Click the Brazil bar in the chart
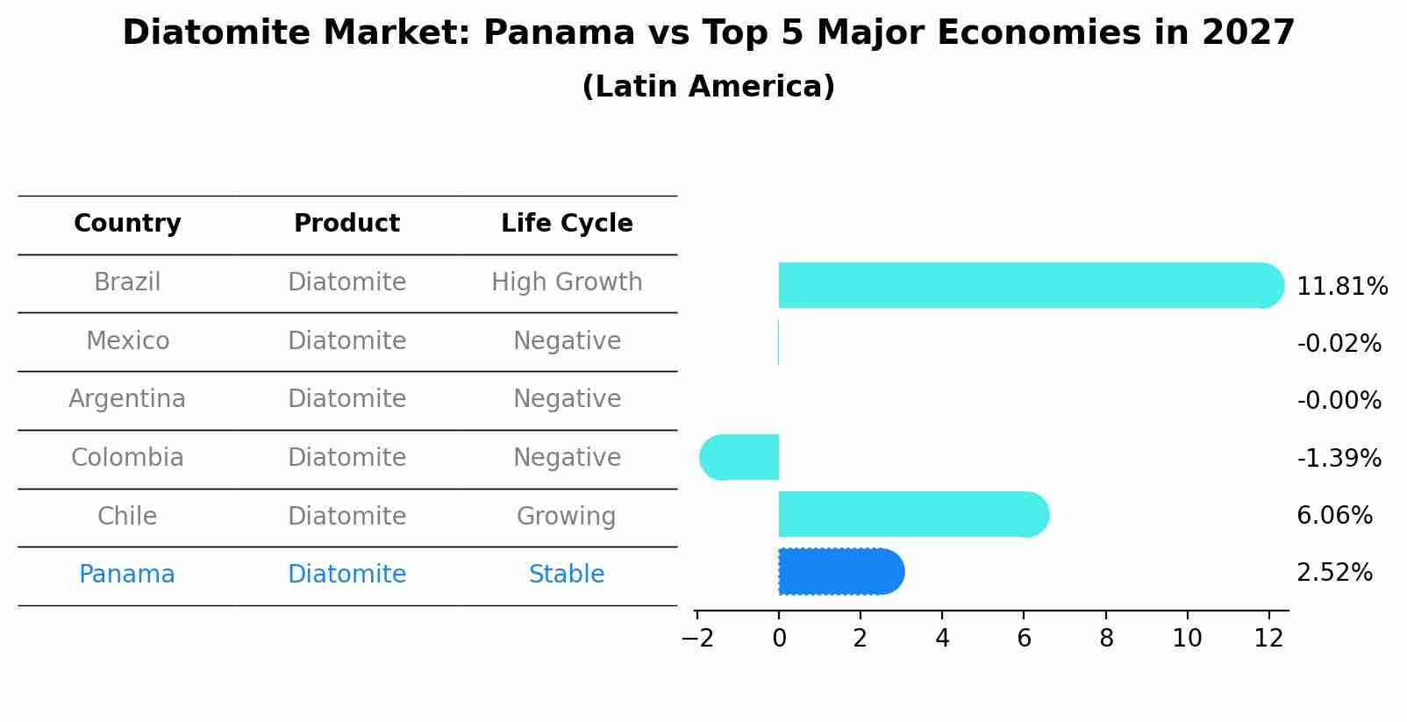point(1026,285)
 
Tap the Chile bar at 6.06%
point(912,514)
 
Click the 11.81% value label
point(1341,287)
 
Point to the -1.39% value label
point(1339,458)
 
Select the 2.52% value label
point(1334,573)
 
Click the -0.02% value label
point(1339,344)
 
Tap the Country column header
point(127,224)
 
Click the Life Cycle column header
point(567,224)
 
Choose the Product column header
point(346,224)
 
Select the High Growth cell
point(567,282)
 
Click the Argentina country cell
point(127,399)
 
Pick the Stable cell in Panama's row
point(567,575)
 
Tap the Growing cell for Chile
point(567,516)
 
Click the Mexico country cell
point(127,340)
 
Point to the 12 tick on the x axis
point(1268,639)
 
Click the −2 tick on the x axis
point(696,639)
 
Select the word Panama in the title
point(558,33)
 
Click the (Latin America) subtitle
point(708,87)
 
